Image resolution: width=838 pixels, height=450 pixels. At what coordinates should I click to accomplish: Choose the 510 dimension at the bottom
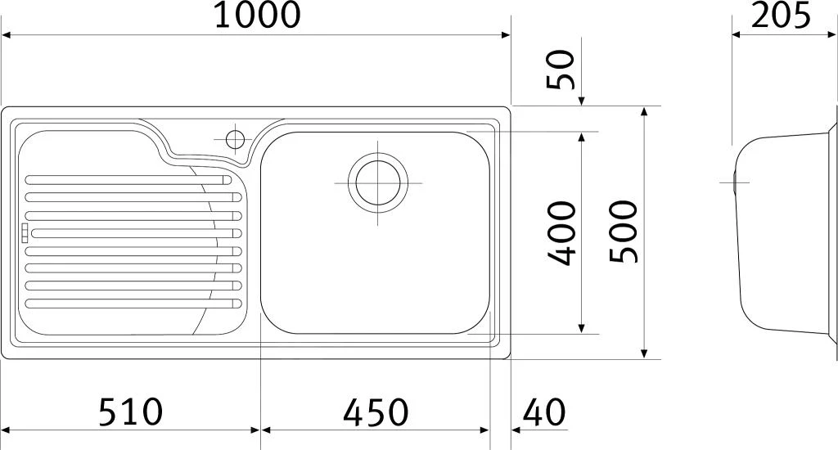(x=131, y=412)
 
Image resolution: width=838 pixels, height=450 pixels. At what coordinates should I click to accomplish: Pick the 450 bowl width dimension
(x=376, y=412)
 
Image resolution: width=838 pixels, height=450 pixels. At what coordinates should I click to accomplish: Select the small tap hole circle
(x=235, y=138)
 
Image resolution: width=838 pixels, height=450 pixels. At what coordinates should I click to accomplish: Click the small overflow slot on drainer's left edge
(x=25, y=232)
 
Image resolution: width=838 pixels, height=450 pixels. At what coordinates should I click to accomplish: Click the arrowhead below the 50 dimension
(x=582, y=101)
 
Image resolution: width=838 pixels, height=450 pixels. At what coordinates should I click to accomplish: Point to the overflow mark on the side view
(x=735, y=182)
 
